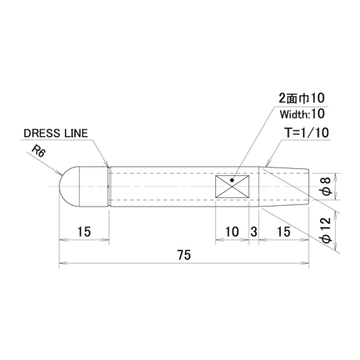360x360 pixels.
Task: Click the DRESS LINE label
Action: coord(56,133)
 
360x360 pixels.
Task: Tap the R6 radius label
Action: coord(38,151)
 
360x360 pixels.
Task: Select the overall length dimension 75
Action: coord(184,255)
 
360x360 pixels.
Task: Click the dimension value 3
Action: coord(254,232)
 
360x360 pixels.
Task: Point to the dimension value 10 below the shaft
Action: coord(232,232)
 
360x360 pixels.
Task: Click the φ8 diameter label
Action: coord(326,186)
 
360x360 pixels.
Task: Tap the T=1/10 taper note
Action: coord(307,133)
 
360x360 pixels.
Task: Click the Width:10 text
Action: coord(302,114)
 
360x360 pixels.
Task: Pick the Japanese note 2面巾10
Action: coord(301,99)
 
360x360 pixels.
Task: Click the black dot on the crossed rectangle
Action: coord(232,180)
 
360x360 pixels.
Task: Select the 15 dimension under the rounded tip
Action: coord(84,232)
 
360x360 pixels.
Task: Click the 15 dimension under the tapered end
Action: coord(284,232)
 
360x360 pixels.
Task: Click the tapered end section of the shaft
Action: coord(283,186)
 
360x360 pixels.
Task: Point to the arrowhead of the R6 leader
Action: coord(59,172)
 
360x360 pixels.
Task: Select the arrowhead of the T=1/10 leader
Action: coord(268,164)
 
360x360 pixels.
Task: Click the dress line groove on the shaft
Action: coord(109,186)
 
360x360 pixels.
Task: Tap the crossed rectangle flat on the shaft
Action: coord(232,186)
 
